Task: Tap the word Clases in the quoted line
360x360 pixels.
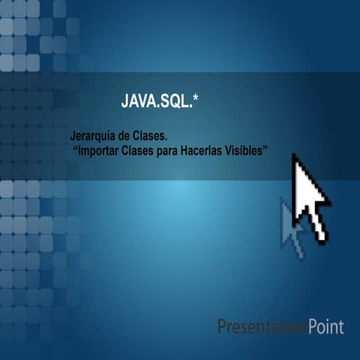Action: tap(150, 151)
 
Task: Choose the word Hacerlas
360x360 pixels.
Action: tap(218, 151)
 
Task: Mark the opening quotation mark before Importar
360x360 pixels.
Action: tap(76, 149)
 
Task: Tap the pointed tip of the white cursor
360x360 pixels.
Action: tap(294, 155)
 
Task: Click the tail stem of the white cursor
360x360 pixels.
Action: tap(317, 226)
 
